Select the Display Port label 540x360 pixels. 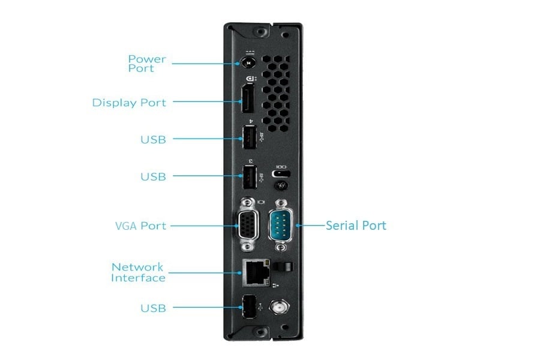coord(129,103)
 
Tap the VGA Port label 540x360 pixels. coord(140,226)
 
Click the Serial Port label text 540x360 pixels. coord(356,226)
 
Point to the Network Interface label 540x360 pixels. coord(138,272)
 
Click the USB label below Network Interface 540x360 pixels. coord(153,308)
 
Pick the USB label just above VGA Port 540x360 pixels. coord(153,176)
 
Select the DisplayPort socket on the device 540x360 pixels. coord(247,102)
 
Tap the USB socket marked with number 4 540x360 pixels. coord(247,139)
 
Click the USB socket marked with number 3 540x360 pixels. coord(247,176)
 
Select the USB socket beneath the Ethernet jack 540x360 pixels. coord(247,307)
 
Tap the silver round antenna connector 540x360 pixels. coord(278,307)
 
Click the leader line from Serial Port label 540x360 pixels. coord(311,226)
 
